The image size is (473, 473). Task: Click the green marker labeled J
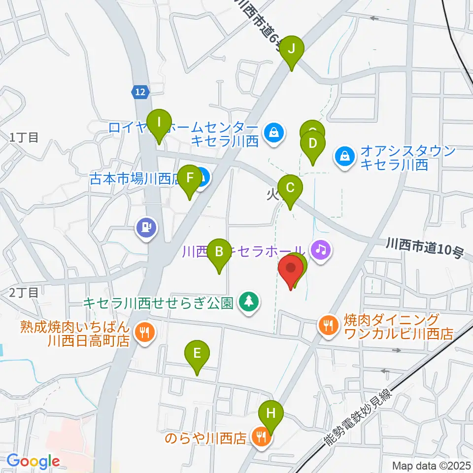click(292, 49)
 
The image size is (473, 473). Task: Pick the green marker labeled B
click(219, 252)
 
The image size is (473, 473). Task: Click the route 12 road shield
click(140, 91)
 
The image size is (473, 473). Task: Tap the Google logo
click(33, 461)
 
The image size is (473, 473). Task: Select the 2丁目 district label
click(23, 293)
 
